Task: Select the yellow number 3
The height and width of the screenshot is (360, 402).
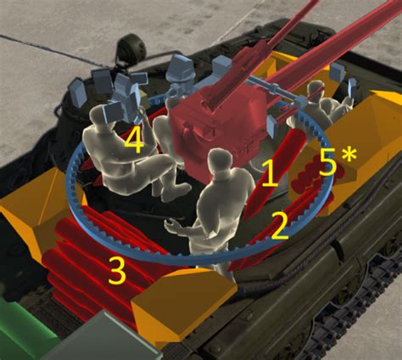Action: click(117, 271)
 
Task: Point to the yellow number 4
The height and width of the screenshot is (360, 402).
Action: click(134, 141)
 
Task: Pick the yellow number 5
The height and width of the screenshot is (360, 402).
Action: click(328, 162)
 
